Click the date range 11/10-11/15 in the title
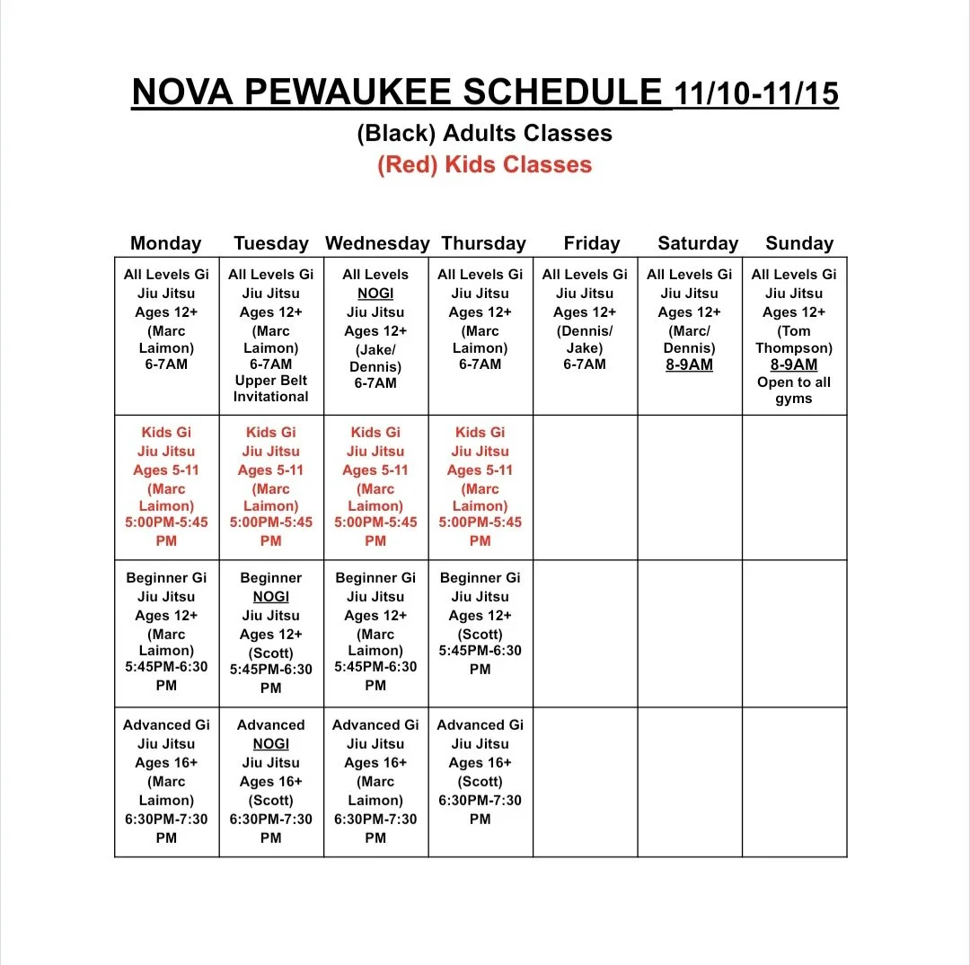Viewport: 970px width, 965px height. [756, 93]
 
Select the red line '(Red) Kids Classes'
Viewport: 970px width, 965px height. [485, 165]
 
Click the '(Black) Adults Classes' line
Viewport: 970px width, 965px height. [485, 134]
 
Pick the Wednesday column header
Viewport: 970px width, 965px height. [377, 243]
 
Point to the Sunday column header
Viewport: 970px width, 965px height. [799, 243]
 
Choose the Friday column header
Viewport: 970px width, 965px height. [592, 243]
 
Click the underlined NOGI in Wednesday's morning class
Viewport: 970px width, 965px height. [375, 294]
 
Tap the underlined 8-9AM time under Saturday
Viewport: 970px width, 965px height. [689, 365]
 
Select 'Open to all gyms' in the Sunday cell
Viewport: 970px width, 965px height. [794, 390]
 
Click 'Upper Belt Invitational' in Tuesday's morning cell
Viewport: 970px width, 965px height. [270, 388]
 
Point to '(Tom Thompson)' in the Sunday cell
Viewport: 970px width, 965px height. [794, 339]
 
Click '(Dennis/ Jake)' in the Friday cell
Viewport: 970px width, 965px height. [585, 339]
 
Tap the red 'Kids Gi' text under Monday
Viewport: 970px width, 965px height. [166, 433]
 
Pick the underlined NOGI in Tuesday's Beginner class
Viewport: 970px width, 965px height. [270, 597]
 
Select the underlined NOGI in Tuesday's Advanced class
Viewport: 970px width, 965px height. [270, 744]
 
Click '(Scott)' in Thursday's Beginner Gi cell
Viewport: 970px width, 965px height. [480, 634]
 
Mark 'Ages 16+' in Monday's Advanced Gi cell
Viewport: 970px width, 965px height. [166, 763]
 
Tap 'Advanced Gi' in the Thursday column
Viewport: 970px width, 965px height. [480, 725]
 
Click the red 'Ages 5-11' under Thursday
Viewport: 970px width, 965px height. [480, 470]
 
